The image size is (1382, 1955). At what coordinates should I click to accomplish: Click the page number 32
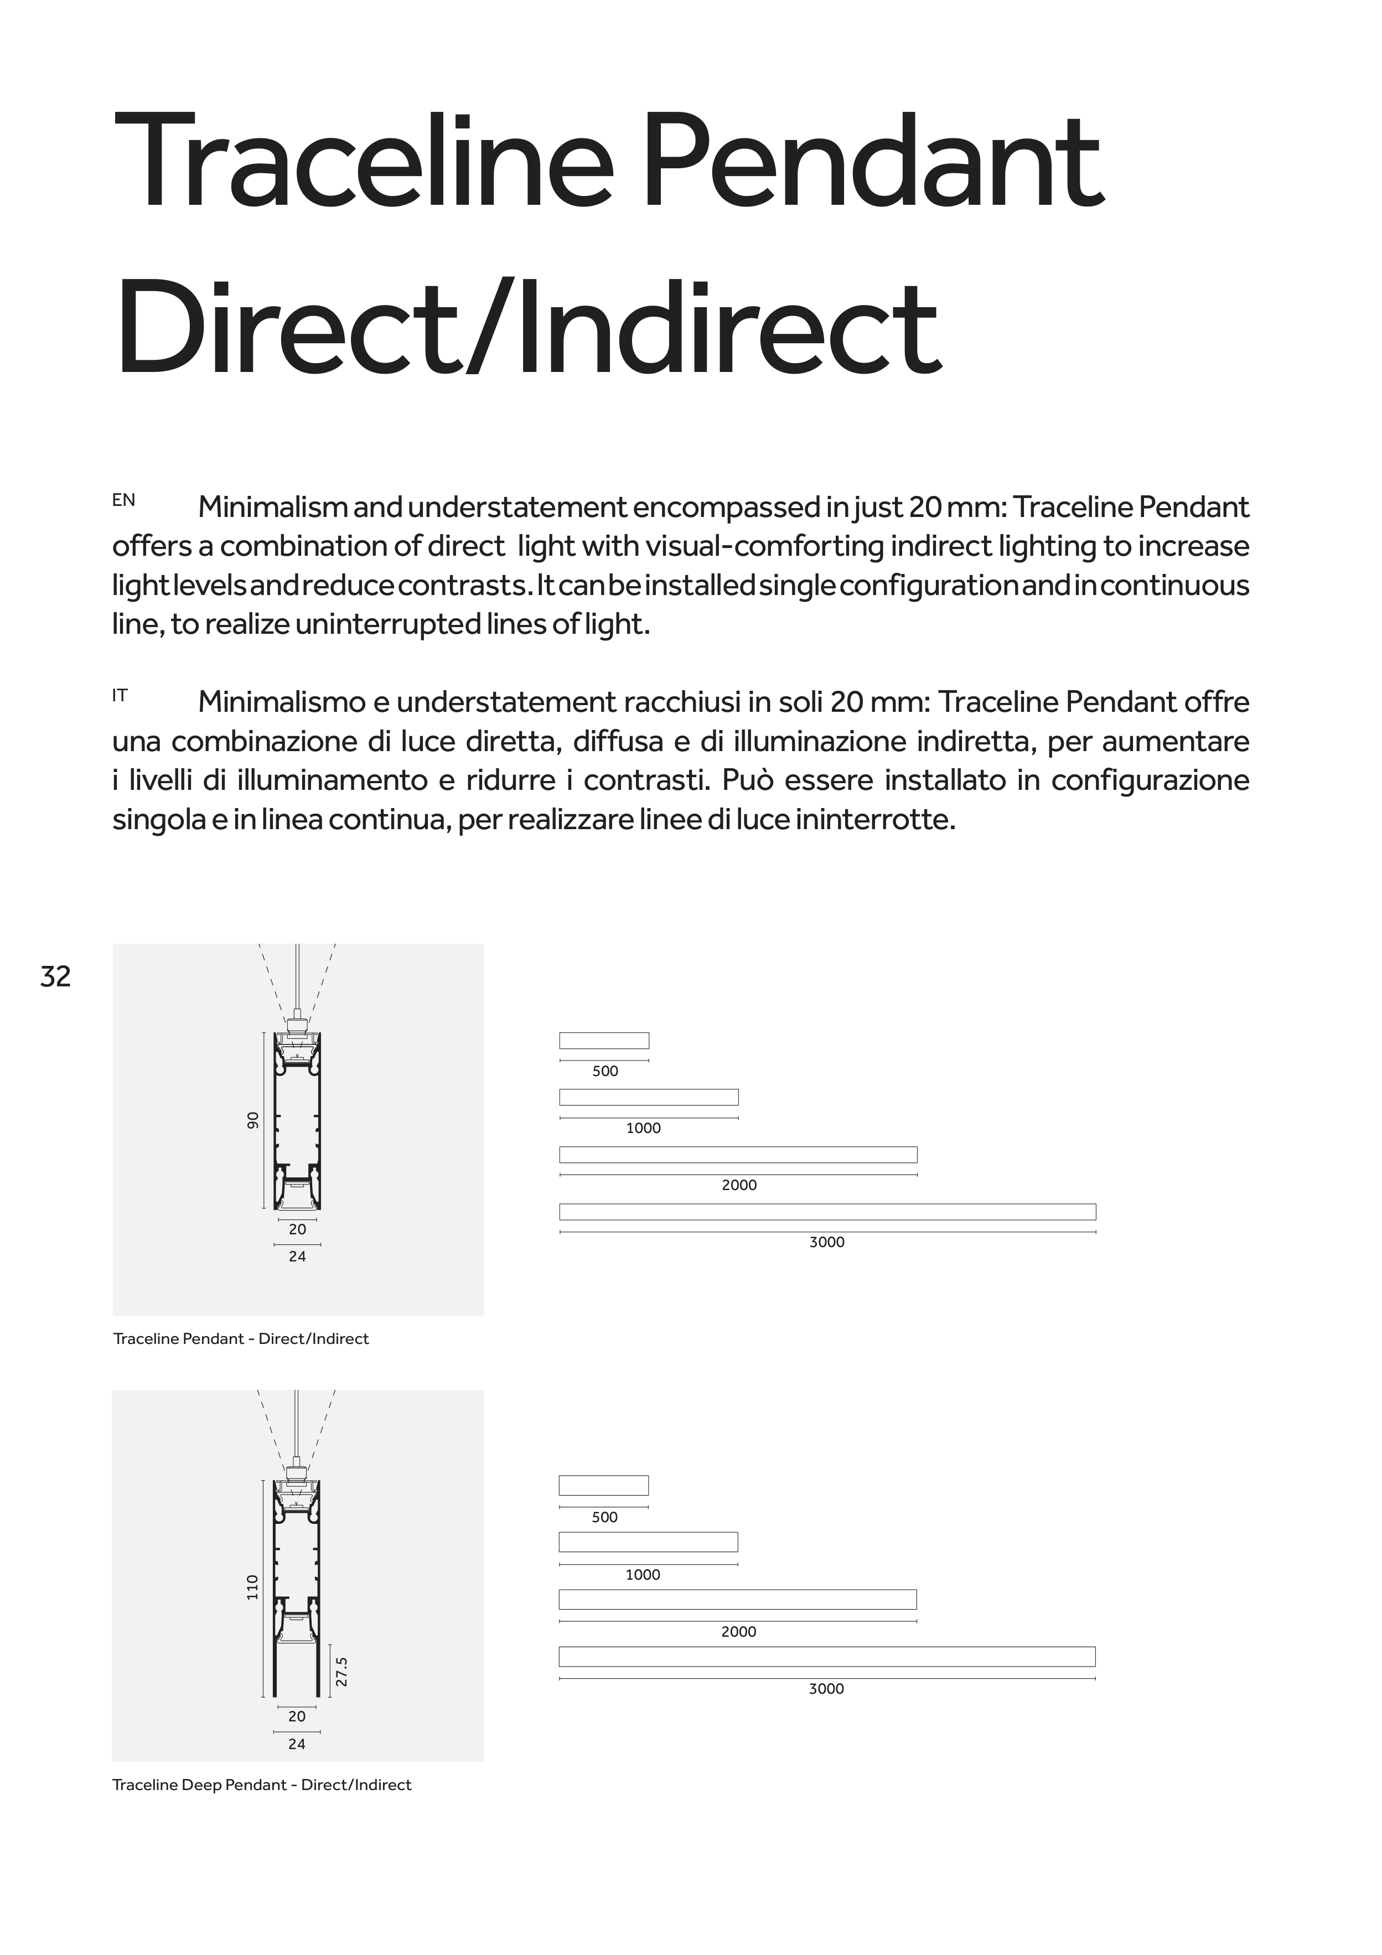tap(55, 976)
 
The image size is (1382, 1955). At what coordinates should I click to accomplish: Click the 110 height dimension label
tap(252, 1586)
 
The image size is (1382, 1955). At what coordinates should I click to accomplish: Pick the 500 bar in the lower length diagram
tap(604, 1485)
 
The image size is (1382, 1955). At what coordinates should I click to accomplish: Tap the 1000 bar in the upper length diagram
tap(649, 1097)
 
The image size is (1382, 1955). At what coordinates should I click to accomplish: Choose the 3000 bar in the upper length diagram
tap(827, 1212)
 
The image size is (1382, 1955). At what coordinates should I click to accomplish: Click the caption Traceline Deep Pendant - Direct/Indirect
tap(261, 1785)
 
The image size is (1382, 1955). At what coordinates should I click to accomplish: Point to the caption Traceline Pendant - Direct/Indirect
tap(241, 1338)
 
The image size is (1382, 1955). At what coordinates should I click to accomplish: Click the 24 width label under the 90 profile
tap(297, 1256)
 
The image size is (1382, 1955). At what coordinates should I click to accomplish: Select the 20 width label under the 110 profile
tap(296, 1716)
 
